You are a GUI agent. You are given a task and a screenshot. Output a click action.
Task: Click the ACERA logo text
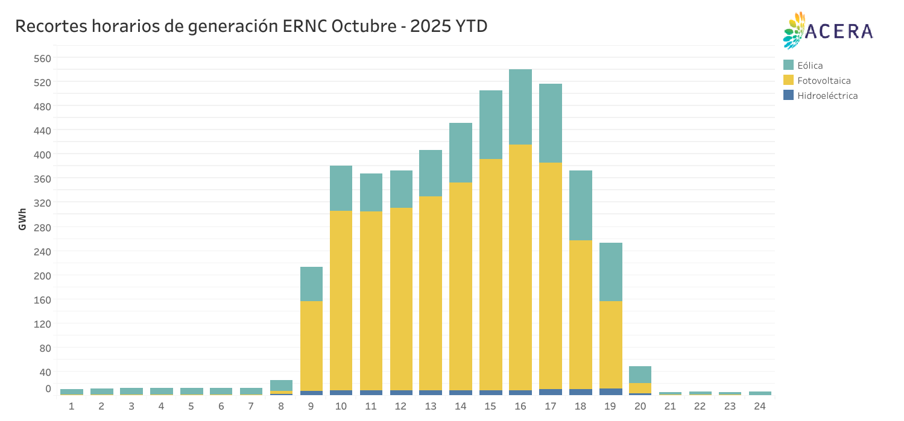(x=839, y=31)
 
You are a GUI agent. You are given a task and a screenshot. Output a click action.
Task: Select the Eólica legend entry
(x=810, y=65)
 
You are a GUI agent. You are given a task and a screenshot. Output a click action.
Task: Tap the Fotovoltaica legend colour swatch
(x=788, y=80)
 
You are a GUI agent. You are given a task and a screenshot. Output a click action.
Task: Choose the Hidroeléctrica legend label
(x=827, y=95)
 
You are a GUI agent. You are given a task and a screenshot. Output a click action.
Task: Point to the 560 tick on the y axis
(x=44, y=58)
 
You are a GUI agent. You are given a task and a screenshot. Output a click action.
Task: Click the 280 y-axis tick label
(x=44, y=228)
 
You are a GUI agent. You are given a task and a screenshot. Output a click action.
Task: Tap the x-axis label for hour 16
(x=520, y=407)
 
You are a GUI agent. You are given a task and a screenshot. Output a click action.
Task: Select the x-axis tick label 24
(x=760, y=407)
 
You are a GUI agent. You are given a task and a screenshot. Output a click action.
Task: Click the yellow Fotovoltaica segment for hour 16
(x=520, y=265)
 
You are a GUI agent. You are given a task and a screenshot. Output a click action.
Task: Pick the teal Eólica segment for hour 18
(x=580, y=205)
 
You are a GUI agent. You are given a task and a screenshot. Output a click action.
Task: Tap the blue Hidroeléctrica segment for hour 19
(x=610, y=391)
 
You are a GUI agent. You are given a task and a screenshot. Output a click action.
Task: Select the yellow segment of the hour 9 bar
(x=311, y=343)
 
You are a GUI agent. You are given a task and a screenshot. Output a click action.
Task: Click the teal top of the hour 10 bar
(x=341, y=188)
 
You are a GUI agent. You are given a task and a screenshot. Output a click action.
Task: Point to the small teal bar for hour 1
(x=72, y=391)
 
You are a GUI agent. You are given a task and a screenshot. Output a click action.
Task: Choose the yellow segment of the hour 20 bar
(x=640, y=388)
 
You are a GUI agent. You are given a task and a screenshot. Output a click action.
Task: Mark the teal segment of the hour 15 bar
(x=491, y=124)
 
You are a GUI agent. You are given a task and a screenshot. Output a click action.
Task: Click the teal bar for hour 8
(x=281, y=385)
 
